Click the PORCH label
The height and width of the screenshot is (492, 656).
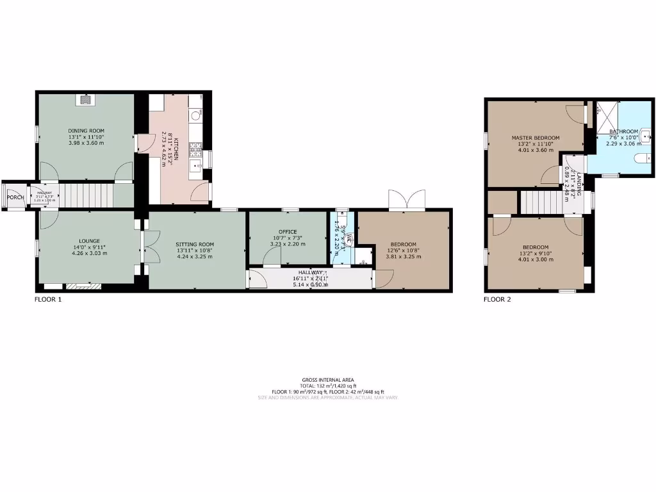(15, 197)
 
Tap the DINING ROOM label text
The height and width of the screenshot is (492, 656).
(86, 130)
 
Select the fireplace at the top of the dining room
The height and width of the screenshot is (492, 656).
(85, 99)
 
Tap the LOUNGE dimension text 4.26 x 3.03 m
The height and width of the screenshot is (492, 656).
(89, 252)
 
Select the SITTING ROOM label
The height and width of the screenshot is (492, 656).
(195, 244)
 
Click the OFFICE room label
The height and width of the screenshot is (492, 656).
(288, 231)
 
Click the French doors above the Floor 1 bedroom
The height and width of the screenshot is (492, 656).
(407, 200)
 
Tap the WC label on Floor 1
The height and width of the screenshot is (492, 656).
(347, 238)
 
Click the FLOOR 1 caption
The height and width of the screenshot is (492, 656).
(48, 299)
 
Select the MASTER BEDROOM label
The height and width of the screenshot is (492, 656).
(535, 138)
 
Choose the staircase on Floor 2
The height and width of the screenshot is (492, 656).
(544, 202)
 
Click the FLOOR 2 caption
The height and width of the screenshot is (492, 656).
(497, 299)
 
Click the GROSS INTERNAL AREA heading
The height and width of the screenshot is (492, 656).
(328, 379)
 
